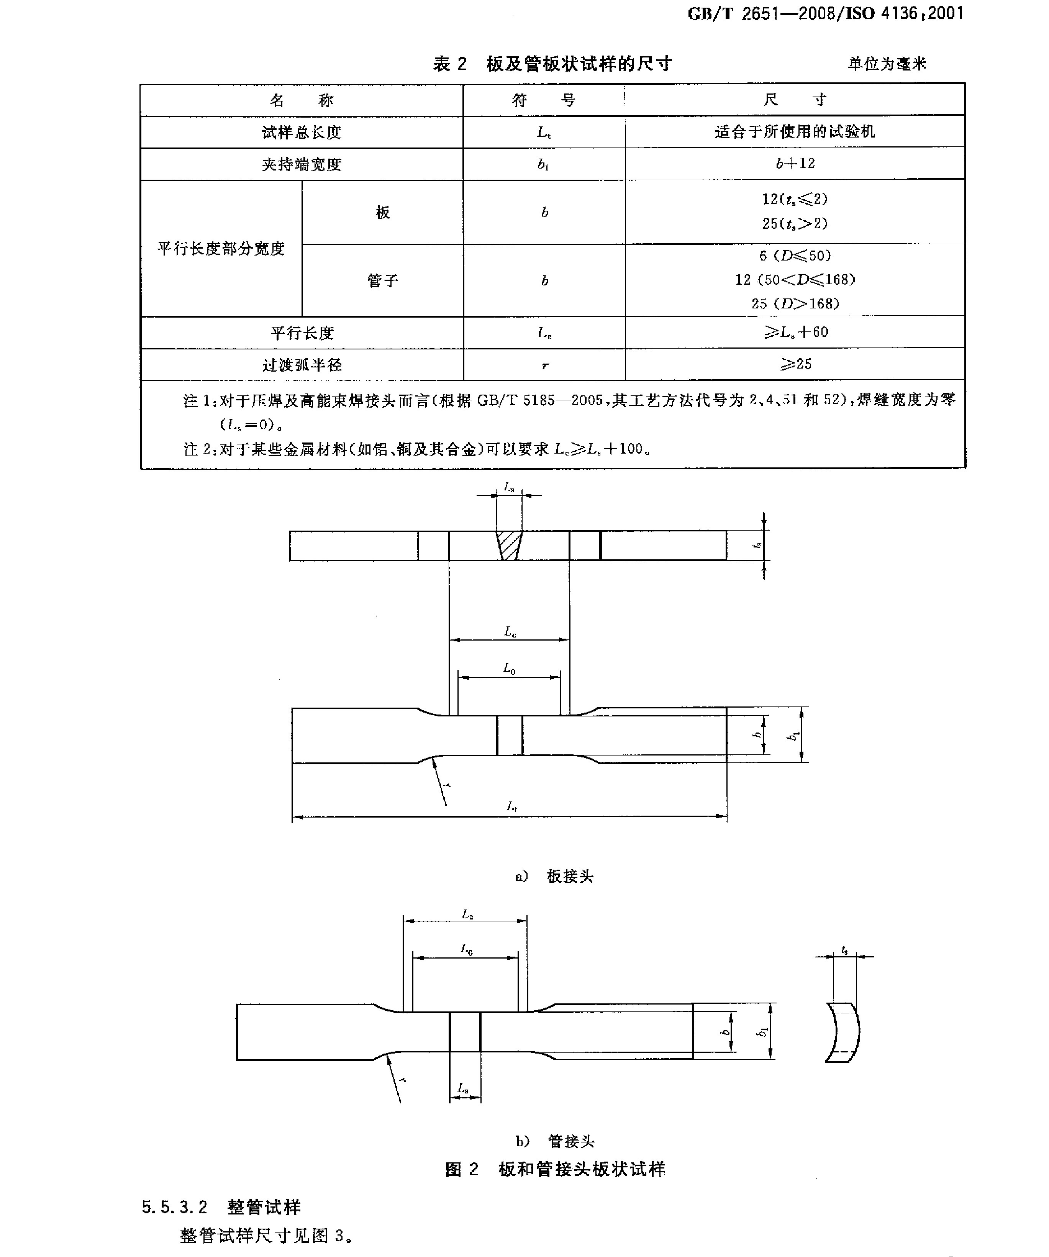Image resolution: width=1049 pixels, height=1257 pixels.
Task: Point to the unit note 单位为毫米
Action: click(x=887, y=64)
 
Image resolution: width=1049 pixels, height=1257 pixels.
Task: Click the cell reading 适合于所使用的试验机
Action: click(x=795, y=132)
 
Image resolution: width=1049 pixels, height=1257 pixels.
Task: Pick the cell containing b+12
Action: click(x=795, y=164)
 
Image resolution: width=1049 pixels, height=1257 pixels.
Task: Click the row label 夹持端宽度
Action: click(x=301, y=164)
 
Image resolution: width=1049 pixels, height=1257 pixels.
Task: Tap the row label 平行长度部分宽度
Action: click(x=221, y=248)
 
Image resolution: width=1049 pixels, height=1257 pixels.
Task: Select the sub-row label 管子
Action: click(x=383, y=280)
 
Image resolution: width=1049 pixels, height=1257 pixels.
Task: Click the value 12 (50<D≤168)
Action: click(x=795, y=280)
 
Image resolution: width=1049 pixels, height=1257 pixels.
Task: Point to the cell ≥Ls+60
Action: click(x=795, y=332)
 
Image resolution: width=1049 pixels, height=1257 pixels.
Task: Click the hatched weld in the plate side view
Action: click(x=509, y=546)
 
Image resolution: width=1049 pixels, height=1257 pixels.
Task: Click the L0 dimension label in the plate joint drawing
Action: click(x=509, y=669)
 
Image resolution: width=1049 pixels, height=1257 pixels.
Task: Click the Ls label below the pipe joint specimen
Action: click(x=463, y=1088)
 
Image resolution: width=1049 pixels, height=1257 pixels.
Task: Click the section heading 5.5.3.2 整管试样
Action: click(x=221, y=1207)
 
